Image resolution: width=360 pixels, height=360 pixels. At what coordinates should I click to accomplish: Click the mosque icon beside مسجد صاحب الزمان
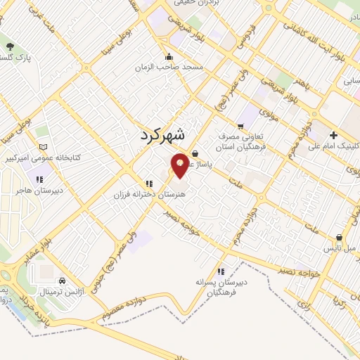(x=168, y=57)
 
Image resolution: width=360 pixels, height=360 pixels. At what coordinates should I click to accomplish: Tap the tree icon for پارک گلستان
(x=10, y=46)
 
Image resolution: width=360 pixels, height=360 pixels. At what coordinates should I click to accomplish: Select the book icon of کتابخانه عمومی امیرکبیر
(x=44, y=146)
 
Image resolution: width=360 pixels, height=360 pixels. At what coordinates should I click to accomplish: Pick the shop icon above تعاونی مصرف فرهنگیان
(x=241, y=126)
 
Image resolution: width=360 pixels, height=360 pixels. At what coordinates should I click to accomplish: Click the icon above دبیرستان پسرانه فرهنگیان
(x=221, y=271)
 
